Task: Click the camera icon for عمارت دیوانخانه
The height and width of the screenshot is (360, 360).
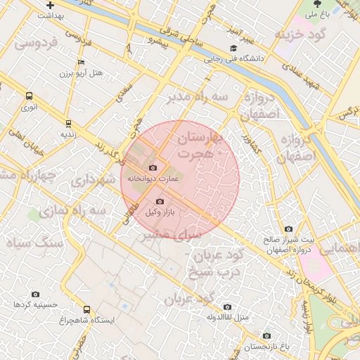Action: [153, 167]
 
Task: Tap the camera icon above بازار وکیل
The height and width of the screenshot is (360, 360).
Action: [160, 201]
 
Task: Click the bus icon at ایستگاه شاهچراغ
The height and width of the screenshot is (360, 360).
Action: [86, 309]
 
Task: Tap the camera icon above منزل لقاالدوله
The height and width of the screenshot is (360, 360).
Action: [227, 307]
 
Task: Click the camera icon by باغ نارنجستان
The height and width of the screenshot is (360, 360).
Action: [266, 336]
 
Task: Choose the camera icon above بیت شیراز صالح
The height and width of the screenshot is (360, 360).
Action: [289, 229]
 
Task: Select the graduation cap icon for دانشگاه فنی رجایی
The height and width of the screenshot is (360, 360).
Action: [233, 49]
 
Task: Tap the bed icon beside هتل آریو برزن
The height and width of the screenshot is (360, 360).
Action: [81, 63]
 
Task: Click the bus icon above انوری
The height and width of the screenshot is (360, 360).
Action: [30, 96]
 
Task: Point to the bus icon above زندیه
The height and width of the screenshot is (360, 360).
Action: [67, 122]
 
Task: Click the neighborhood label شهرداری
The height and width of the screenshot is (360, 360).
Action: [92, 180]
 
